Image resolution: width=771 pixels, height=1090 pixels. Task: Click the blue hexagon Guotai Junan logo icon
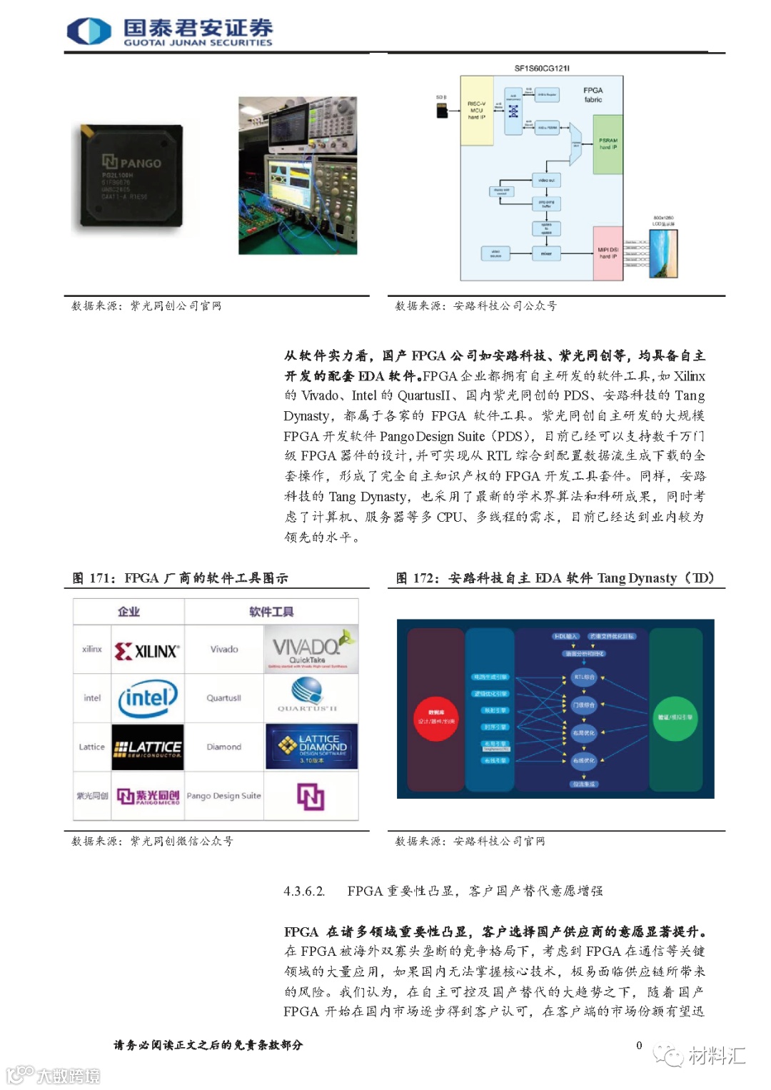click(x=89, y=31)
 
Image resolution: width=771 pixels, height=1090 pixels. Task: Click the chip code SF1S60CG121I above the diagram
click(x=542, y=69)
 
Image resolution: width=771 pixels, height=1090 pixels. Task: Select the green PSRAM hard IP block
click(x=608, y=144)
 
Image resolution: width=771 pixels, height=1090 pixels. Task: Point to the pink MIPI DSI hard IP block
click(x=608, y=253)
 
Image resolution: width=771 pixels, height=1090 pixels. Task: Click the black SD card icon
click(x=441, y=109)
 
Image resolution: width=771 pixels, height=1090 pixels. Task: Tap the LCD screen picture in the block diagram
click(x=662, y=253)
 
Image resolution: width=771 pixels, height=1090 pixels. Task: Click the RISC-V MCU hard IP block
click(x=476, y=111)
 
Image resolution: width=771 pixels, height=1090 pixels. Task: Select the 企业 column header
click(x=129, y=612)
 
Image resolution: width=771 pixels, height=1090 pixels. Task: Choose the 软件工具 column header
click(x=271, y=612)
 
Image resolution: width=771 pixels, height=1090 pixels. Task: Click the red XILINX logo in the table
click(x=148, y=650)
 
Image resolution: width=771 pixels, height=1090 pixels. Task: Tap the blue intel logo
click(x=148, y=698)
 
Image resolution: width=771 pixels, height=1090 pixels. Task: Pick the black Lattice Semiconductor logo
click(x=148, y=747)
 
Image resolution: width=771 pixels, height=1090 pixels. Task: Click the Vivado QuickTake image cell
click(x=311, y=650)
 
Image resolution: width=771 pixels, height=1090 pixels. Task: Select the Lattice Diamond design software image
click(x=311, y=747)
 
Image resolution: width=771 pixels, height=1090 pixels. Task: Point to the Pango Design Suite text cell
click(x=223, y=796)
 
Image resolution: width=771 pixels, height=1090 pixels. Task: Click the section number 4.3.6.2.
click(x=304, y=891)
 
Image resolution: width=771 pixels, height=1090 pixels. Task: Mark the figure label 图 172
click(x=418, y=578)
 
